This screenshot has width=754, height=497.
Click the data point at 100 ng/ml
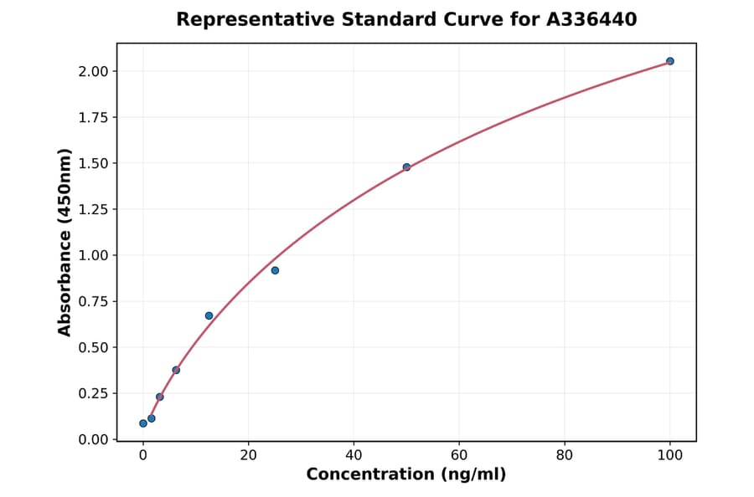click(x=669, y=61)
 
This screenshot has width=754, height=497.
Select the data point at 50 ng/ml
click(x=406, y=167)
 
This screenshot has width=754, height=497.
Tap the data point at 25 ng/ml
click(x=275, y=270)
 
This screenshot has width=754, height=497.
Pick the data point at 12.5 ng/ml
click(x=209, y=315)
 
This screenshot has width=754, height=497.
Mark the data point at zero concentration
click(x=143, y=423)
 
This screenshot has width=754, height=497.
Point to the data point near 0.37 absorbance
click(x=176, y=370)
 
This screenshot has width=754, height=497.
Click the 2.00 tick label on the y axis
click(x=93, y=71)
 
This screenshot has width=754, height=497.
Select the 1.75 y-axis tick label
click(x=93, y=117)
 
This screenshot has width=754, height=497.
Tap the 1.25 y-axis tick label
click(x=93, y=209)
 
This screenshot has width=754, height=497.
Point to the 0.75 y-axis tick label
click(x=93, y=301)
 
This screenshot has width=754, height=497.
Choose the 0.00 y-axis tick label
click(x=93, y=439)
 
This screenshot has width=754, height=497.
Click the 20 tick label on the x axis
click(x=248, y=455)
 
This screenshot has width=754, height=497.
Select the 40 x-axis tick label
click(x=354, y=455)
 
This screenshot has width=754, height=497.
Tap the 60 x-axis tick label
click(x=459, y=455)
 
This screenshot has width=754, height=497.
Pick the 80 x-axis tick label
click(x=565, y=455)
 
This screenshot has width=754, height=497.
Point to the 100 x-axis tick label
click(x=670, y=455)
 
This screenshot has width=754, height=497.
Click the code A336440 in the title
click(x=591, y=19)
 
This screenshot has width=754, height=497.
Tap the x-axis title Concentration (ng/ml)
click(x=406, y=474)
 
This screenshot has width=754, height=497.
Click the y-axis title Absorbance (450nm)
click(x=65, y=243)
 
